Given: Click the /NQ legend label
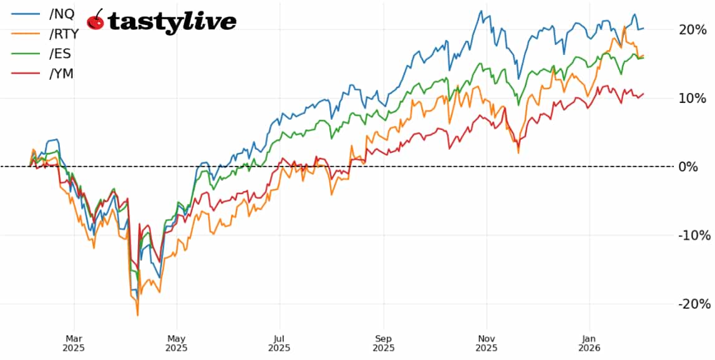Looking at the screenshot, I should coord(61,14).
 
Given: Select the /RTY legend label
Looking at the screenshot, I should coord(64,34).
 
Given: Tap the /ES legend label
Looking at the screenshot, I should coord(60,54).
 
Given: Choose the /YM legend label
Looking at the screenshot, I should coord(61,74).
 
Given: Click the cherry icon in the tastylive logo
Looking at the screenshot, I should coord(95,20).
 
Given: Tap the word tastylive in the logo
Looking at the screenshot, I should coord(172,22).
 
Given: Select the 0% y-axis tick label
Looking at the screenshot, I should coord(688,167).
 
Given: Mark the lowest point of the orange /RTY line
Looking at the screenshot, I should coord(138,315).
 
